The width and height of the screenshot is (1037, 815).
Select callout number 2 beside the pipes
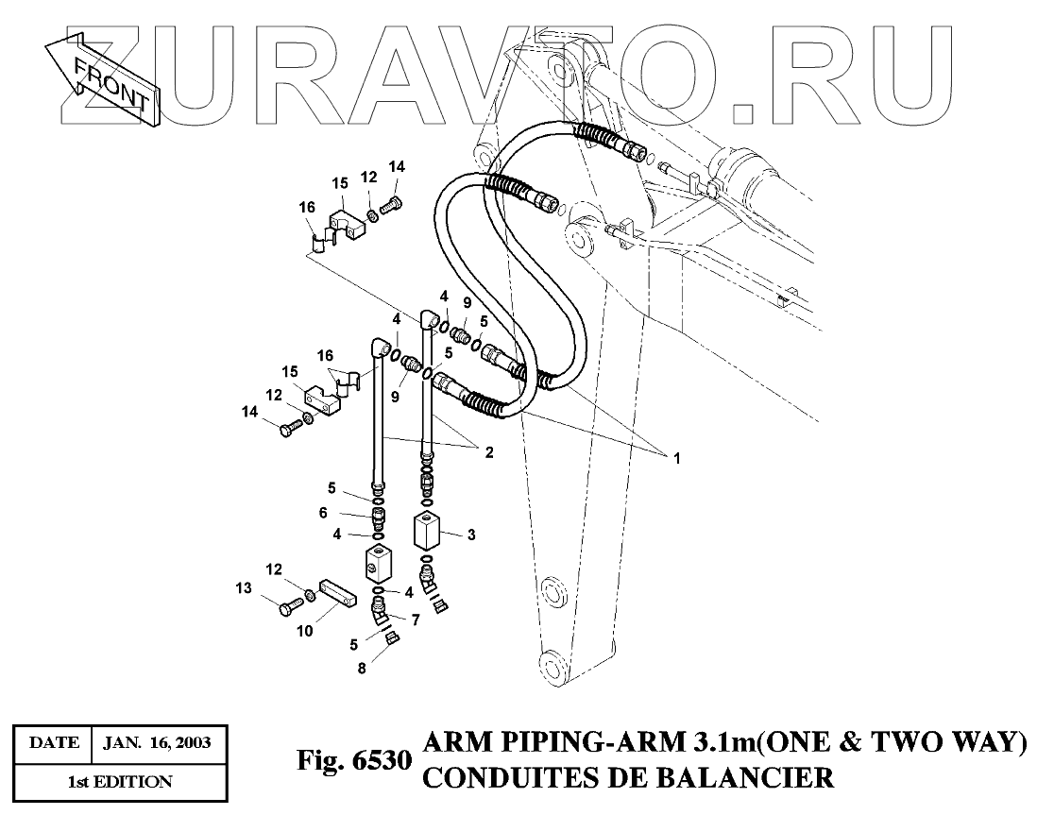[x=488, y=453]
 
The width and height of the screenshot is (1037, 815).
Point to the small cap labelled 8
[x=395, y=639]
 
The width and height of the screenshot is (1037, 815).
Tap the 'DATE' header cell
[x=54, y=744]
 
